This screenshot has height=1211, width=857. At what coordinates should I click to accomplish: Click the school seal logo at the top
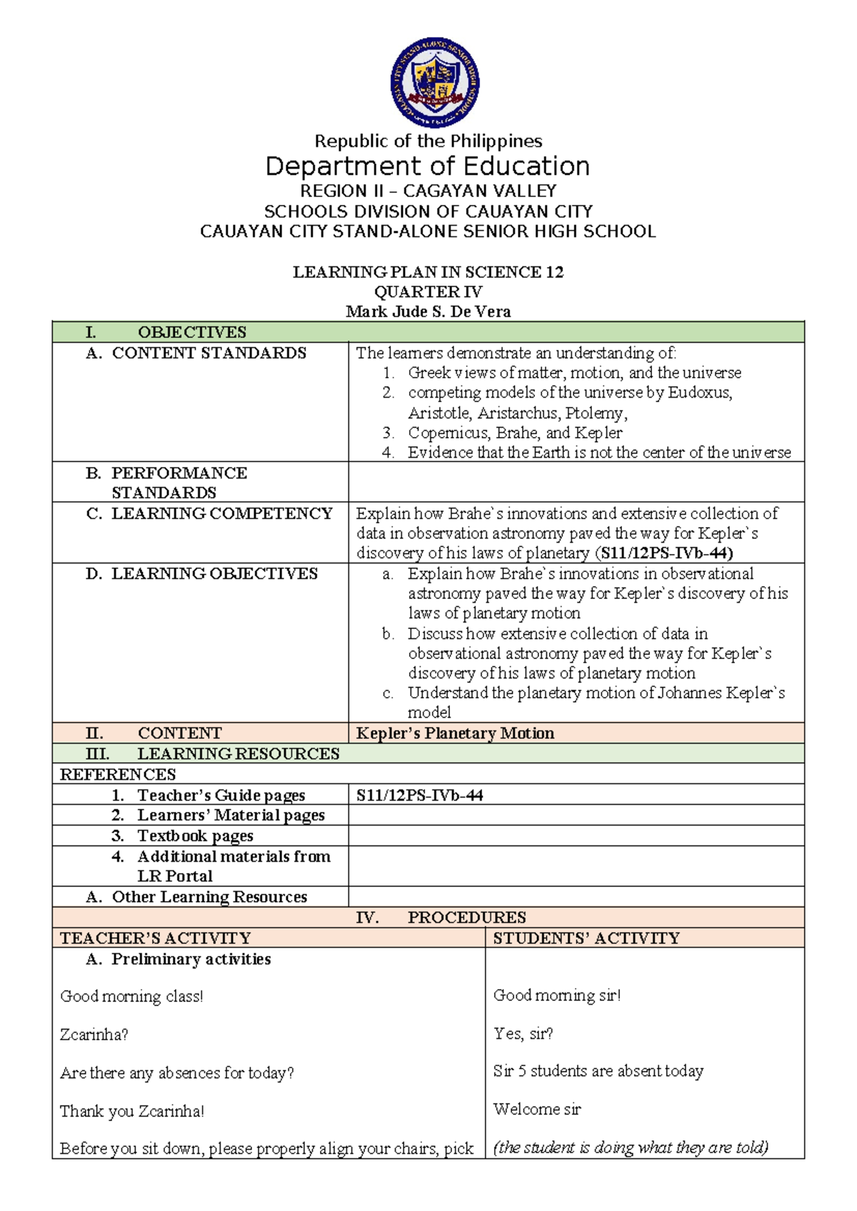[434, 83]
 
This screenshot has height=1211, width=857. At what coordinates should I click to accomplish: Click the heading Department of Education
[427, 166]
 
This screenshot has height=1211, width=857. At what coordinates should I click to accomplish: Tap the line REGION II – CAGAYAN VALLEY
[427, 191]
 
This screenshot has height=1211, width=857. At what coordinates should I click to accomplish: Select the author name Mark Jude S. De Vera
[427, 311]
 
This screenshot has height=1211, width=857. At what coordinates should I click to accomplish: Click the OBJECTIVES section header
[191, 332]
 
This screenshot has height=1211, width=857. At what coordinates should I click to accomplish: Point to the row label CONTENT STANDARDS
[209, 353]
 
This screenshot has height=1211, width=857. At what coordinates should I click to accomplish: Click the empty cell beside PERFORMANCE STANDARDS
[576, 482]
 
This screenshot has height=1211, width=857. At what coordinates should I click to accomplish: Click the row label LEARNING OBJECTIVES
[214, 573]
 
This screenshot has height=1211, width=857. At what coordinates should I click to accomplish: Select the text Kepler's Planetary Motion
[455, 733]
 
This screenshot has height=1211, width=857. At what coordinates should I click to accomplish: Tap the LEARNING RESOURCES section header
[238, 753]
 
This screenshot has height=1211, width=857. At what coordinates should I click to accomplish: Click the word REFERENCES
[118, 774]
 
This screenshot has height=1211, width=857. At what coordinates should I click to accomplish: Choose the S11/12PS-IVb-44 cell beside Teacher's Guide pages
[420, 795]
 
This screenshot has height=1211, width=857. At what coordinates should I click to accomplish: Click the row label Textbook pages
[195, 835]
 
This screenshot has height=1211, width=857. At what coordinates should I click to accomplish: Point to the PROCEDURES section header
[466, 918]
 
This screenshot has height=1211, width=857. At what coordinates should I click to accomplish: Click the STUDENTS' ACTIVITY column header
[586, 938]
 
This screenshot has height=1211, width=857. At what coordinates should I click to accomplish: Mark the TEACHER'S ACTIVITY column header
[156, 938]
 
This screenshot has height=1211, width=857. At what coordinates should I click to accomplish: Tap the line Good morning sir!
[557, 995]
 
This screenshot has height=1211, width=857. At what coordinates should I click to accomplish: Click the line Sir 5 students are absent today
[598, 1071]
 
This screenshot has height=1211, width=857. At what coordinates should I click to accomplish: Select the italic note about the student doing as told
[631, 1147]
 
